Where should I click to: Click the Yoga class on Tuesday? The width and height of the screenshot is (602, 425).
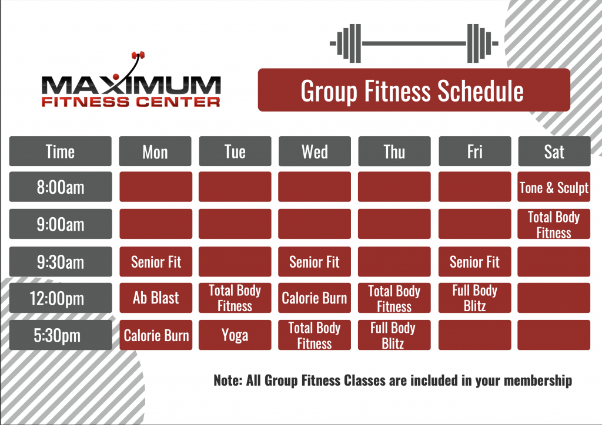point(235,335)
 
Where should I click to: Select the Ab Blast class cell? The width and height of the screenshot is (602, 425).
point(156,298)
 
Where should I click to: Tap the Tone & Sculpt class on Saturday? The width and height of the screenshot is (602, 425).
point(554,187)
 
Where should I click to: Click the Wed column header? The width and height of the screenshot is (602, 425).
point(315,151)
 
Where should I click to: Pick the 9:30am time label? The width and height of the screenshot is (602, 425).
point(61,262)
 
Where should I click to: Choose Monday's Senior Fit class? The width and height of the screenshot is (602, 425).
point(156,262)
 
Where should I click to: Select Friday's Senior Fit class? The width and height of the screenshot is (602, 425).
point(474,262)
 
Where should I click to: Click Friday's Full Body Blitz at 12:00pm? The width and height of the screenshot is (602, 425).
point(474,298)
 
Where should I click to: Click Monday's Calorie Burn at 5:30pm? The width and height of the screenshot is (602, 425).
point(156,335)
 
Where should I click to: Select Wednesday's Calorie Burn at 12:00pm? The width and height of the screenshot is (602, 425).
point(315,298)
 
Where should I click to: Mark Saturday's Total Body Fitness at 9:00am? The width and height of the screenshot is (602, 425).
point(554,224)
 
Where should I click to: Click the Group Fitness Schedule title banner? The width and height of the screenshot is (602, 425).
point(414,90)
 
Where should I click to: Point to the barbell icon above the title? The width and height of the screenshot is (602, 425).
point(414,43)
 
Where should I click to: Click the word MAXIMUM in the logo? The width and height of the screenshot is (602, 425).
point(131,85)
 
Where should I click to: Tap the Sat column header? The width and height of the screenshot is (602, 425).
point(554,151)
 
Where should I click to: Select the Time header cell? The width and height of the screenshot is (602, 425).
point(61,151)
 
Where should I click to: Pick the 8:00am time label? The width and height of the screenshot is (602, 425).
point(61,187)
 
